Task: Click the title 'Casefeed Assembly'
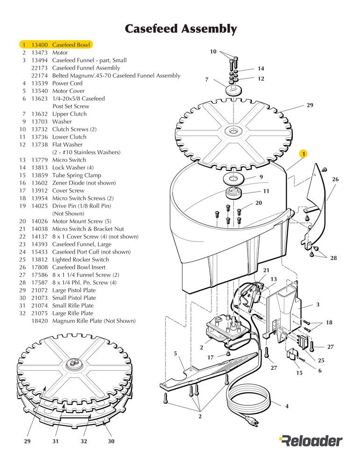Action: point(180,29)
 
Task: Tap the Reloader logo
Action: point(311,440)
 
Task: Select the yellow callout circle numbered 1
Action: point(304,153)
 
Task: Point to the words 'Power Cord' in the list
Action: point(67,83)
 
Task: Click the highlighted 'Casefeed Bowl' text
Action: point(71,45)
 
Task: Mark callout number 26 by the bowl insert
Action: point(335,179)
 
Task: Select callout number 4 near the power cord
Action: point(287,406)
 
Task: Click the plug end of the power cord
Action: point(252,423)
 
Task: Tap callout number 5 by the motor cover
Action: point(176,354)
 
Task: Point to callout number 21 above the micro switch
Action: point(266,270)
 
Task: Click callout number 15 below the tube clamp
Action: point(300,373)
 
